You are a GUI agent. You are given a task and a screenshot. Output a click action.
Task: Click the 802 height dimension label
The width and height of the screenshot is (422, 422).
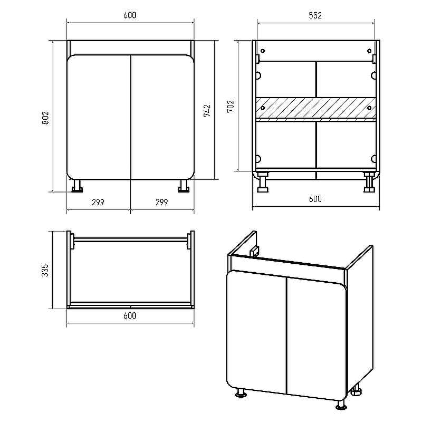(x=45, y=118)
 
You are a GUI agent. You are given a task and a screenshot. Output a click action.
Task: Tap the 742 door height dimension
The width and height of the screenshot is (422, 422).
(x=207, y=111)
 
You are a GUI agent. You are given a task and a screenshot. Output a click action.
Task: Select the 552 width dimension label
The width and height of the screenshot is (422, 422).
(x=315, y=15)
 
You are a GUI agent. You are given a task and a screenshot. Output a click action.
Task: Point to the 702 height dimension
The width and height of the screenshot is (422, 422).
(x=231, y=107)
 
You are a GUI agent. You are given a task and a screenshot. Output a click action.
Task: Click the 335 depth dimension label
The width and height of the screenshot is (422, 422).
(x=45, y=270)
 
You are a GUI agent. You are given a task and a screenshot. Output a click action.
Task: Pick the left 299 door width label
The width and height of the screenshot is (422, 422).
(x=98, y=202)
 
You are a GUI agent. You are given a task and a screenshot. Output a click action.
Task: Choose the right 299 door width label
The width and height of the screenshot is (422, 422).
(x=162, y=202)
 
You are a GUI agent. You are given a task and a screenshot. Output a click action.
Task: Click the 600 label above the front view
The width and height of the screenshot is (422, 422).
(x=130, y=15)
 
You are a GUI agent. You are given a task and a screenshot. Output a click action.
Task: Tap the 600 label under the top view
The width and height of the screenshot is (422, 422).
(x=130, y=315)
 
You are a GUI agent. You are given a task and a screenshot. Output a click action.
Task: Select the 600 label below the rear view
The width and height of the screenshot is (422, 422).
(x=315, y=199)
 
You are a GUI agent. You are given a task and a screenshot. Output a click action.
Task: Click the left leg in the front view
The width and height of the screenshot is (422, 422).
(x=77, y=186)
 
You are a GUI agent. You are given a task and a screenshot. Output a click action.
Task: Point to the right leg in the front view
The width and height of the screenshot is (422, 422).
(x=184, y=186)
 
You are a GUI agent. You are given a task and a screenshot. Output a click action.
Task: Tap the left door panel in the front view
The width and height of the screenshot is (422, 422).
(x=99, y=117)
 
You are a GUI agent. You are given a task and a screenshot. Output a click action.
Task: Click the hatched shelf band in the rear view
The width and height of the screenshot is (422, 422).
(x=315, y=108)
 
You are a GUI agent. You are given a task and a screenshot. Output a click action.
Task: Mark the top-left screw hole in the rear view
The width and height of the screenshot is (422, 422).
(x=263, y=51)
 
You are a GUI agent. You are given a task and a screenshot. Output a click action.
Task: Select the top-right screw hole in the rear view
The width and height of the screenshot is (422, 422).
(x=369, y=51)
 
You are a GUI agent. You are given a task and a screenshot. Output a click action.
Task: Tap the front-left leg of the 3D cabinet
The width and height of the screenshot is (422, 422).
(x=241, y=393)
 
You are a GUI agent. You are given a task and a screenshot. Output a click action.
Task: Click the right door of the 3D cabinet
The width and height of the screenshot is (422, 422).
(x=317, y=339)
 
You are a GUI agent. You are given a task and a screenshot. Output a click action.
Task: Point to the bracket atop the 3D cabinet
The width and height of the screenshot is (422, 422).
(x=254, y=252)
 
